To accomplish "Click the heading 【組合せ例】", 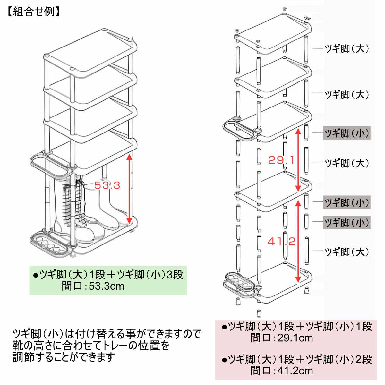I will click(33, 12).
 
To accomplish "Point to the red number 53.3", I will click(107, 185).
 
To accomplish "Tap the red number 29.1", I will click(281, 160).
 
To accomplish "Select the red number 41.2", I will click(281, 241).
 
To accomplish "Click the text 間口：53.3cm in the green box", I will click(93, 286).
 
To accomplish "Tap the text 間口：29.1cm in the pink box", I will click(281, 338).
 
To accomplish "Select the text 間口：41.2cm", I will click(281, 371).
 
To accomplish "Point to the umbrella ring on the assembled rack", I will click(48, 164).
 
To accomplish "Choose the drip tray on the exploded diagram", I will click(241, 284).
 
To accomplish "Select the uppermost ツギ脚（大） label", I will click(346, 49).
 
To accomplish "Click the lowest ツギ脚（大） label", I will click(346, 252).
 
